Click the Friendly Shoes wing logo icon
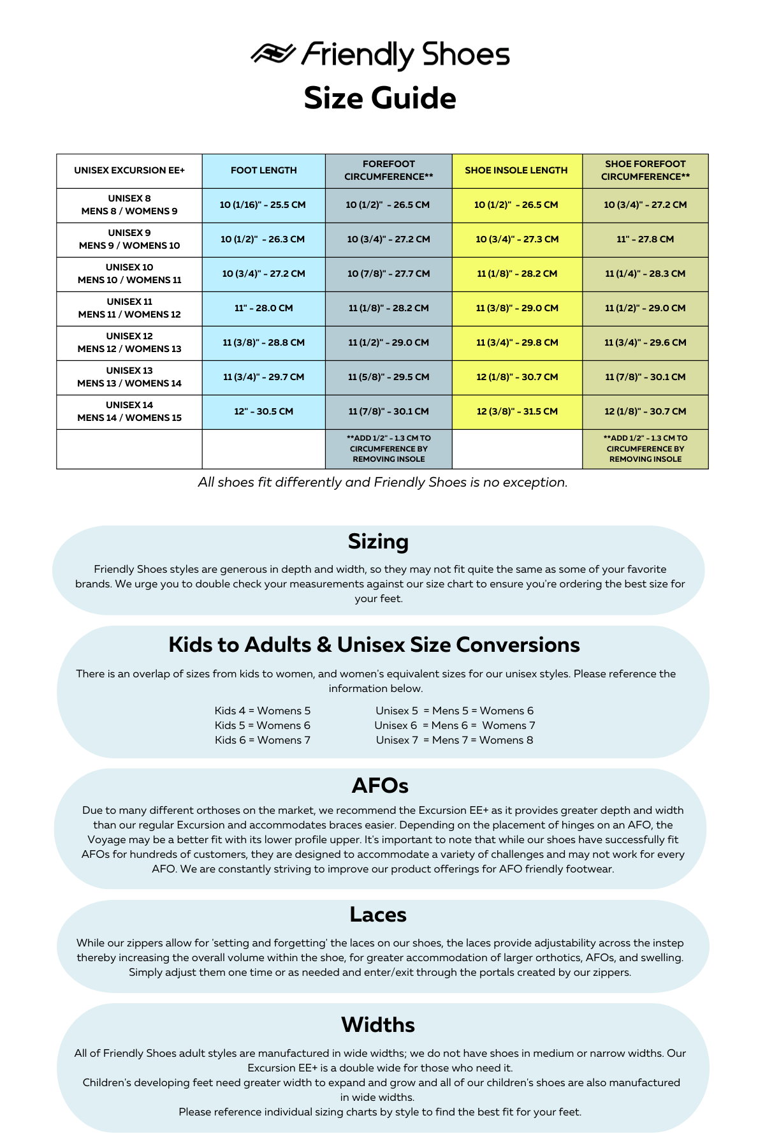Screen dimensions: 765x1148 pos(273,54)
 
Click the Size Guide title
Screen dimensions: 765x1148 pos(380,98)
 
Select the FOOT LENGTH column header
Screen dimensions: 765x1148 pos(264,170)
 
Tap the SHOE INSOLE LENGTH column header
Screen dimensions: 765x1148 pos(516,170)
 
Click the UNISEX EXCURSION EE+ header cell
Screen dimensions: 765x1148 pos(129,170)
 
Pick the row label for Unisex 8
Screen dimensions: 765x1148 pos(129,205)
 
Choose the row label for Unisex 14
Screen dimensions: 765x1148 pos(129,411)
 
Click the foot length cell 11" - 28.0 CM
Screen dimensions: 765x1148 pos(264,308)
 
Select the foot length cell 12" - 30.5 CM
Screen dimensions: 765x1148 pos(264,411)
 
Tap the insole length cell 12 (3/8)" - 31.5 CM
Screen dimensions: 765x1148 pos(517,411)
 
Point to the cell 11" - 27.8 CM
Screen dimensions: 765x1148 pos(645,239)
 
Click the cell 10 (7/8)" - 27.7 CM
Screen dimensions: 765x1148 pos(389,274)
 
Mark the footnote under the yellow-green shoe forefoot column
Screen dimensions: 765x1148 pos(645,448)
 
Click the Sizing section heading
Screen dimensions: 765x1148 pos(378,541)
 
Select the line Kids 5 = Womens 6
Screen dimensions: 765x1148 pos(263,725)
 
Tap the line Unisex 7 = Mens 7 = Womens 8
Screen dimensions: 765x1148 pos(455,740)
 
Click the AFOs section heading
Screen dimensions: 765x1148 pos(380,786)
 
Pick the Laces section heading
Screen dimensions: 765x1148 pos(378,915)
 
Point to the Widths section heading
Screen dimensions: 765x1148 pos(378,1024)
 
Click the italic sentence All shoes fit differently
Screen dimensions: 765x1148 pos(382,482)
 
